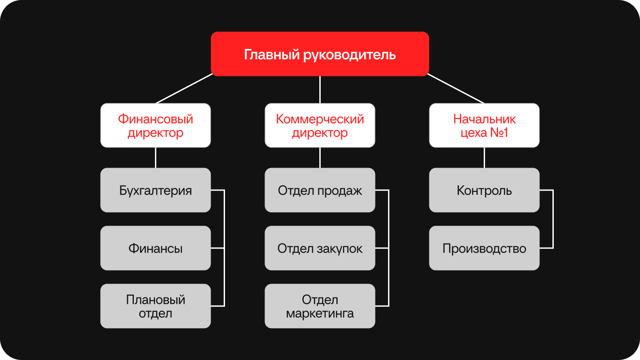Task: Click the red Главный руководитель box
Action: click(x=320, y=54)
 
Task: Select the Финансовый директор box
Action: click(x=155, y=125)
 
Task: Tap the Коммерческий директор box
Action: click(x=320, y=125)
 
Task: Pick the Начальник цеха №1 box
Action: click(x=484, y=125)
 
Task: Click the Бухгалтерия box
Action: click(x=155, y=190)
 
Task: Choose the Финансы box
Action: click(x=155, y=248)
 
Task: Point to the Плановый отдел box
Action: click(x=155, y=306)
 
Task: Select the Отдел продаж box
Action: click(x=320, y=190)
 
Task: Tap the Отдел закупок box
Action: click(x=320, y=248)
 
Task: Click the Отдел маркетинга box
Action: click(x=320, y=306)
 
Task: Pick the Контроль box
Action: click(x=484, y=190)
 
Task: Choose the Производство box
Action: click(x=484, y=248)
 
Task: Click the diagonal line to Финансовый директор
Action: click(x=184, y=89)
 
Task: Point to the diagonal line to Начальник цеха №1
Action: click(x=456, y=89)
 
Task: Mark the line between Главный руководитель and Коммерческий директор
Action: click(x=320, y=90)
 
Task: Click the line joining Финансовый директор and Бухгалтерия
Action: click(x=155, y=158)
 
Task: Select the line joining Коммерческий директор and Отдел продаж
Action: click(x=320, y=158)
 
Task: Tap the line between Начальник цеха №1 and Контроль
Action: click(x=484, y=158)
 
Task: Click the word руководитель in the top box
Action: click(x=349, y=55)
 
